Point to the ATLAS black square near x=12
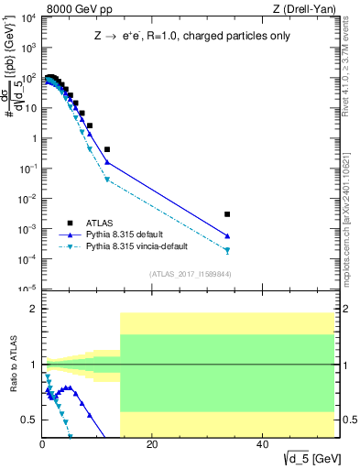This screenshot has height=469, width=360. click(107, 149)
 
